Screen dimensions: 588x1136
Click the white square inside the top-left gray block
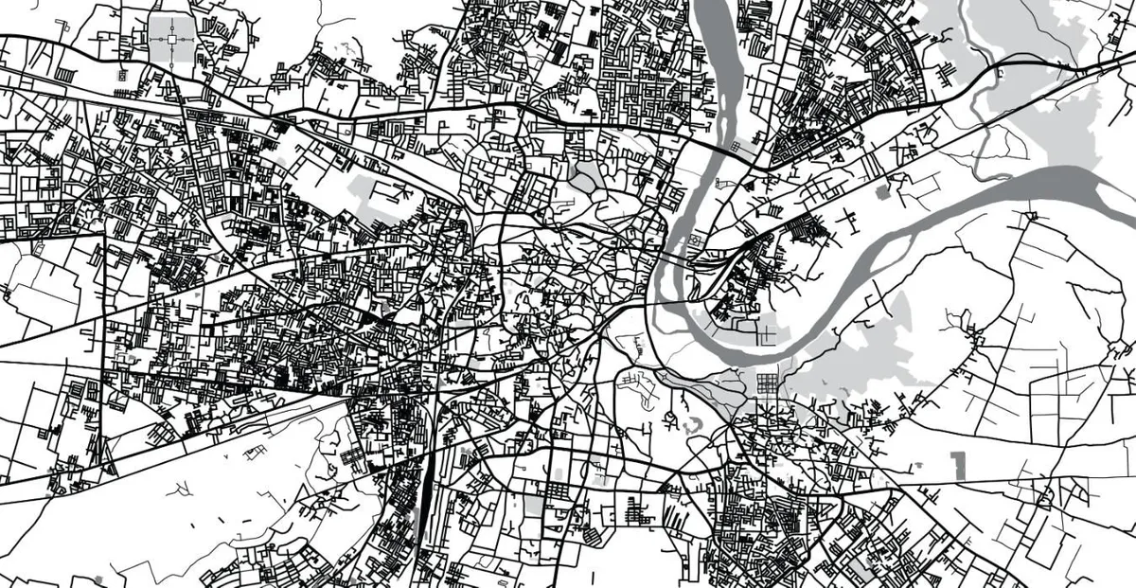(171, 40)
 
